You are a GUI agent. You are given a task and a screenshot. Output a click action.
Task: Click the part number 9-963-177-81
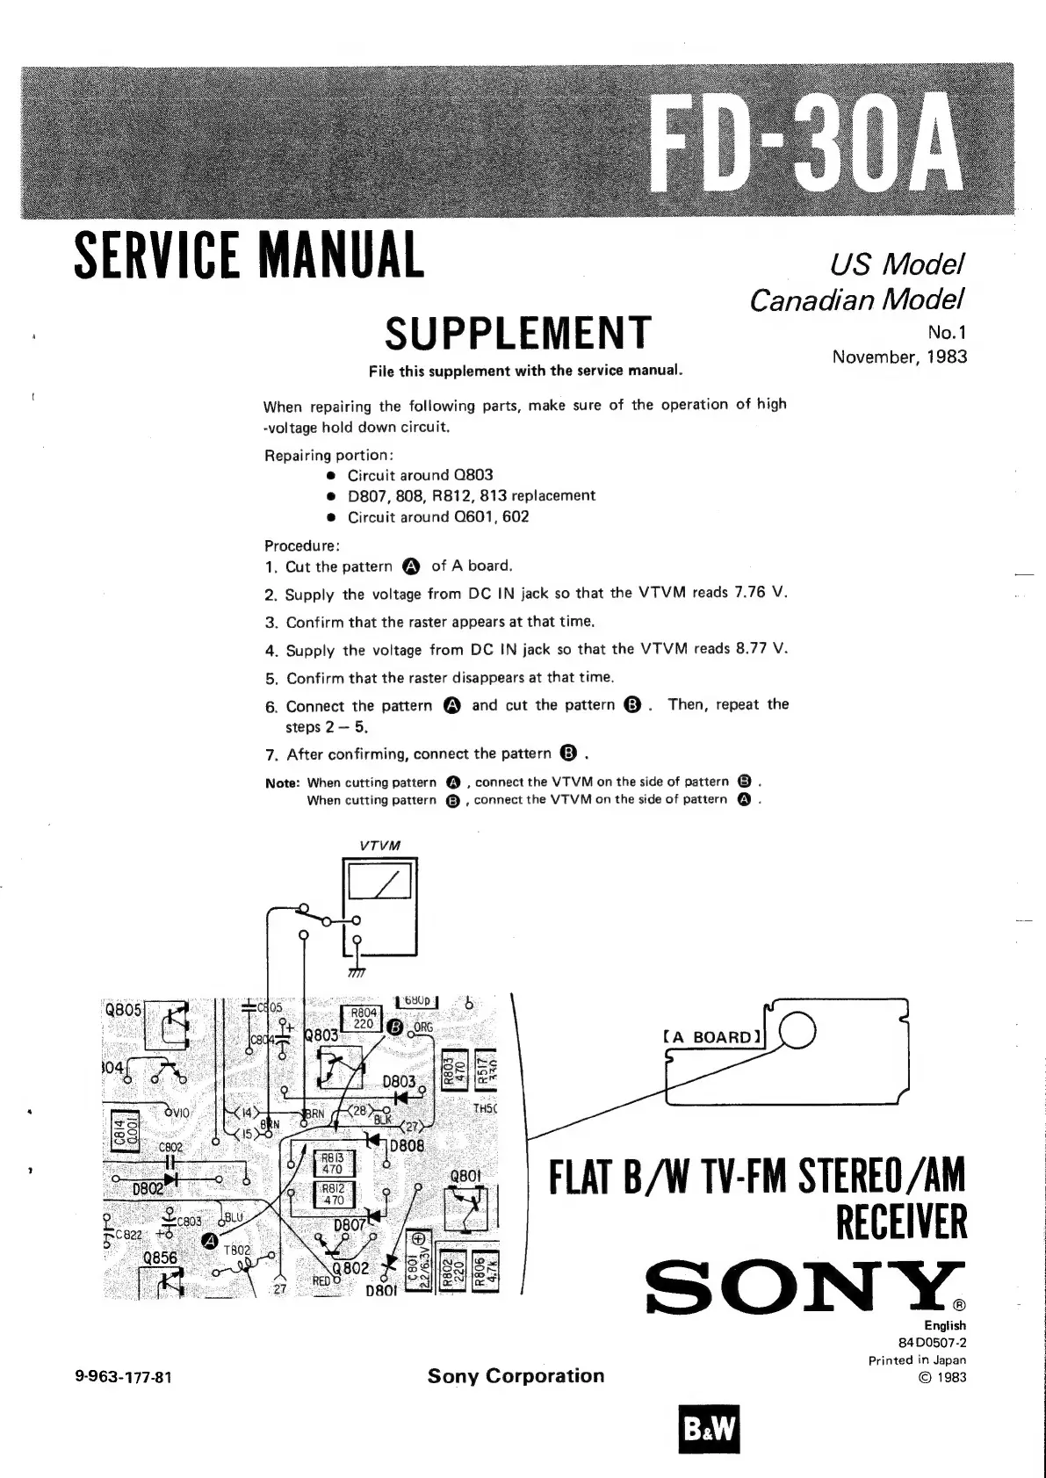pyautogui.click(x=126, y=1377)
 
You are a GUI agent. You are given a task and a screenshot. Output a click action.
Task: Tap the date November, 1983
pyautogui.click(x=899, y=357)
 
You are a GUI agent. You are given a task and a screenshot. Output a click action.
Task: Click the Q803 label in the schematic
pyautogui.click(x=321, y=1035)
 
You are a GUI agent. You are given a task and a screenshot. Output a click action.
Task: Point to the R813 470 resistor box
pyautogui.click(x=332, y=1163)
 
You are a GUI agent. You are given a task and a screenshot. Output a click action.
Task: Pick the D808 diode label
pyautogui.click(x=406, y=1145)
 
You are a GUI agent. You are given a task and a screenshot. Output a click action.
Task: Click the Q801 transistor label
pyautogui.click(x=465, y=1177)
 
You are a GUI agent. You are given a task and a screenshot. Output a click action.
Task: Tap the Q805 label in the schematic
pyautogui.click(x=123, y=1009)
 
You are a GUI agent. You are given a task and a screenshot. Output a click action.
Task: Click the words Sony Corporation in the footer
pyautogui.click(x=516, y=1376)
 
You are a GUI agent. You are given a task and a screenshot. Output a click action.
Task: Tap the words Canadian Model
pyautogui.click(x=856, y=300)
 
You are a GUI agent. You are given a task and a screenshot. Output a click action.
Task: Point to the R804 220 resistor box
pyautogui.click(x=364, y=1019)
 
